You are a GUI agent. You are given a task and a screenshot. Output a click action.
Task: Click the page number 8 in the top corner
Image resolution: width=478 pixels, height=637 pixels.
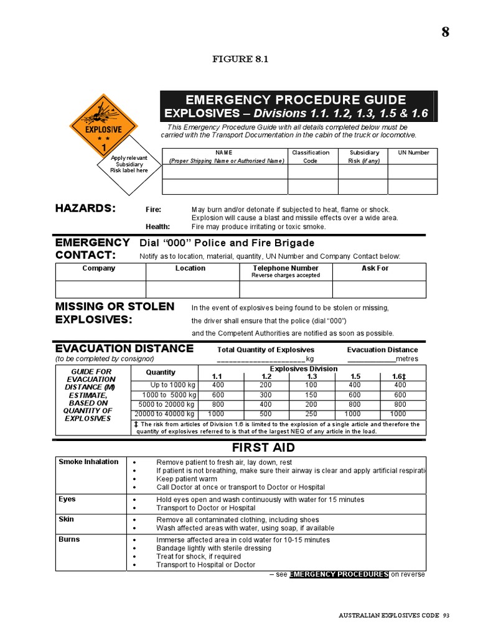coord(445,33)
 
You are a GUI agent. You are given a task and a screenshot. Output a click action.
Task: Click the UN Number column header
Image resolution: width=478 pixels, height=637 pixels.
coord(409,152)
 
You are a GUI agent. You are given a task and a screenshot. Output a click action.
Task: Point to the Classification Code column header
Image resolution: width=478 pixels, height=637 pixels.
coord(310,156)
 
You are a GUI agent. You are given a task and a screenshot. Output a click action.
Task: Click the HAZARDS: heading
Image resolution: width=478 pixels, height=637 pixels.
coord(85,208)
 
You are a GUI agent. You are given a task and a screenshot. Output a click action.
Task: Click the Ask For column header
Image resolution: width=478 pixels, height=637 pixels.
coord(375,268)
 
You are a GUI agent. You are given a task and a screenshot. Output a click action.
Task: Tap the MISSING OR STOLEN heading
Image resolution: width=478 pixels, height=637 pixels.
coord(115,306)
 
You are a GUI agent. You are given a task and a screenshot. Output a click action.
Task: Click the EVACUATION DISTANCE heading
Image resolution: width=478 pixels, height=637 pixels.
coord(124,348)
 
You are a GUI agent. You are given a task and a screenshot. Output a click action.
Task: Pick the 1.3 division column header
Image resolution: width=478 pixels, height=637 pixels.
coord(312,377)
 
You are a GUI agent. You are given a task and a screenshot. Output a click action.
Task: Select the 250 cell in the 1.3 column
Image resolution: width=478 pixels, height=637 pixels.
coord(311,414)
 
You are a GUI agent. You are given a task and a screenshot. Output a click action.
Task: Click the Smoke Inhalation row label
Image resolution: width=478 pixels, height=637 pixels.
coord(88,462)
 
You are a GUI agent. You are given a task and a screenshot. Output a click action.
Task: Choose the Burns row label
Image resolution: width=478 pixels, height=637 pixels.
coord(69,539)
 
